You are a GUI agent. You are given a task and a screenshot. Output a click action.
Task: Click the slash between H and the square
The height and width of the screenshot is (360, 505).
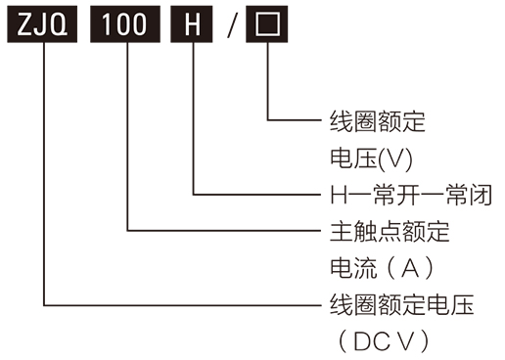point(232,24)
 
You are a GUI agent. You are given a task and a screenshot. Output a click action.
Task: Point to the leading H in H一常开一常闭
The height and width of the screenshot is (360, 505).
point(331,194)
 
